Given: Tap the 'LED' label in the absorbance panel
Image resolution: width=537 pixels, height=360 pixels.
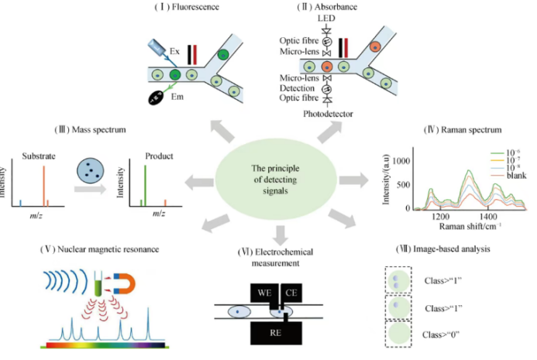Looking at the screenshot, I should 325,19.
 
